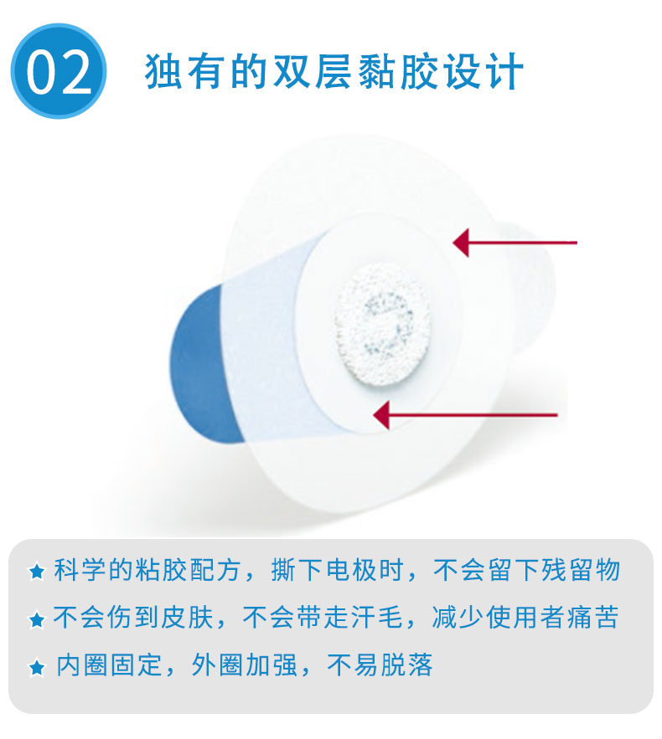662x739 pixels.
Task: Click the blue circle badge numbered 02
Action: pos(59,71)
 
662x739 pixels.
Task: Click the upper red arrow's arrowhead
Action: pos(461,243)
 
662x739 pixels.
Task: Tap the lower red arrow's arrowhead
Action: pos(381,415)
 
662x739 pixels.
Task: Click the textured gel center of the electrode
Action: pos(382,324)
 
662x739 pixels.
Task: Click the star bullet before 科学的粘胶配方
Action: pos(37,572)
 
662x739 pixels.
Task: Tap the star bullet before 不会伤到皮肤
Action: pos(37,618)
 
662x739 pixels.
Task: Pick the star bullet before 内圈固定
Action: pos(37,667)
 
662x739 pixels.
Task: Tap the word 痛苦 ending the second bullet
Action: pos(592,617)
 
